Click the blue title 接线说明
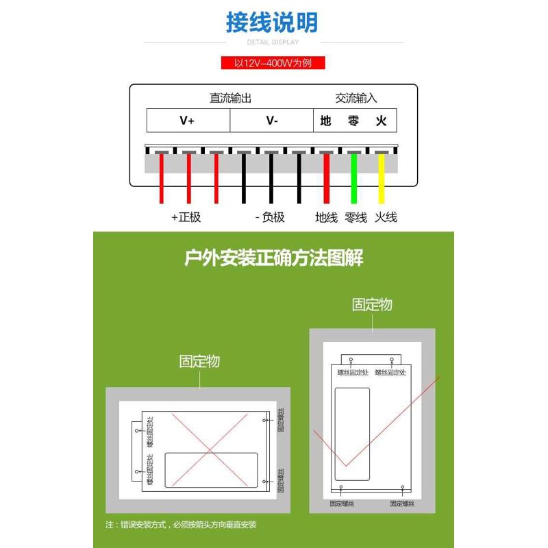pyautogui.click(x=273, y=23)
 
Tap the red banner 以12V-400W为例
pyautogui.click(x=273, y=63)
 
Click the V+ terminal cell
pyautogui.click(x=187, y=121)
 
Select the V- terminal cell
pyautogui.click(x=271, y=121)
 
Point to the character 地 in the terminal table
pyautogui.click(x=326, y=121)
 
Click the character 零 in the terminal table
pyautogui.click(x=353, y=121)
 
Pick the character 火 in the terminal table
pyautogui.click(x=382, y=121)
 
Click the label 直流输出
pyautogui.click(x=230, y=98)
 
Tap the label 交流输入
pyautogui.click(x=356, y=98)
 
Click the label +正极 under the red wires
pyautogui.click(x=186, y=217)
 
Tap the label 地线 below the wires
pyautogui.click(x=326, y=217)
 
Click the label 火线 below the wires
pyautogui.click(x=386, y=217)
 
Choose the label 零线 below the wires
pyautogui.click(x=356, y=217)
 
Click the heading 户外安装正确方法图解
pyautogui.click(x=273, y=258)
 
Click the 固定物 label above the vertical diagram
pyautogui.click(x=372, y=304)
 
